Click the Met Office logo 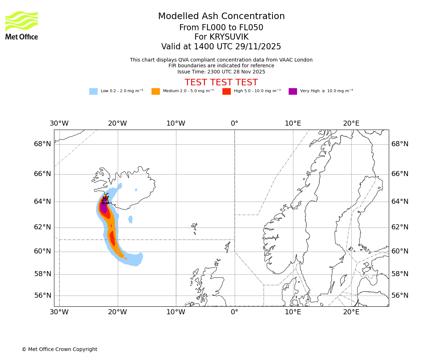click(22, 25)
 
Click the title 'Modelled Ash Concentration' click(221, 16)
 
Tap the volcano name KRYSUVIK click(221, 37)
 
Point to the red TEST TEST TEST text click(221, 82)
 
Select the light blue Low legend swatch click(93, 91)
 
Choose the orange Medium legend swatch click(156, 91)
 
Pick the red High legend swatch click(226, 91)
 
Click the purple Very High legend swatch click(293, 91)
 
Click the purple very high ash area click(104, 208)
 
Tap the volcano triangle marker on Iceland click(105, 200)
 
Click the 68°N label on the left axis click(42, 144)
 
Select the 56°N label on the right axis click(400, 296)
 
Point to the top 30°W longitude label click(59, 123)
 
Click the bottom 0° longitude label click(234, 312)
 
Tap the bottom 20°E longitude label click(351, 312)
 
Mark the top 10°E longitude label click(293, 123)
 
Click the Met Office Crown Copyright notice click(59, 349)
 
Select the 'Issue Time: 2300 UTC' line click(221, 72)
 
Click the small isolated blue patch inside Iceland click(136, 190)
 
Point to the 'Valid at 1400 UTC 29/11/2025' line click(221, 47)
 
